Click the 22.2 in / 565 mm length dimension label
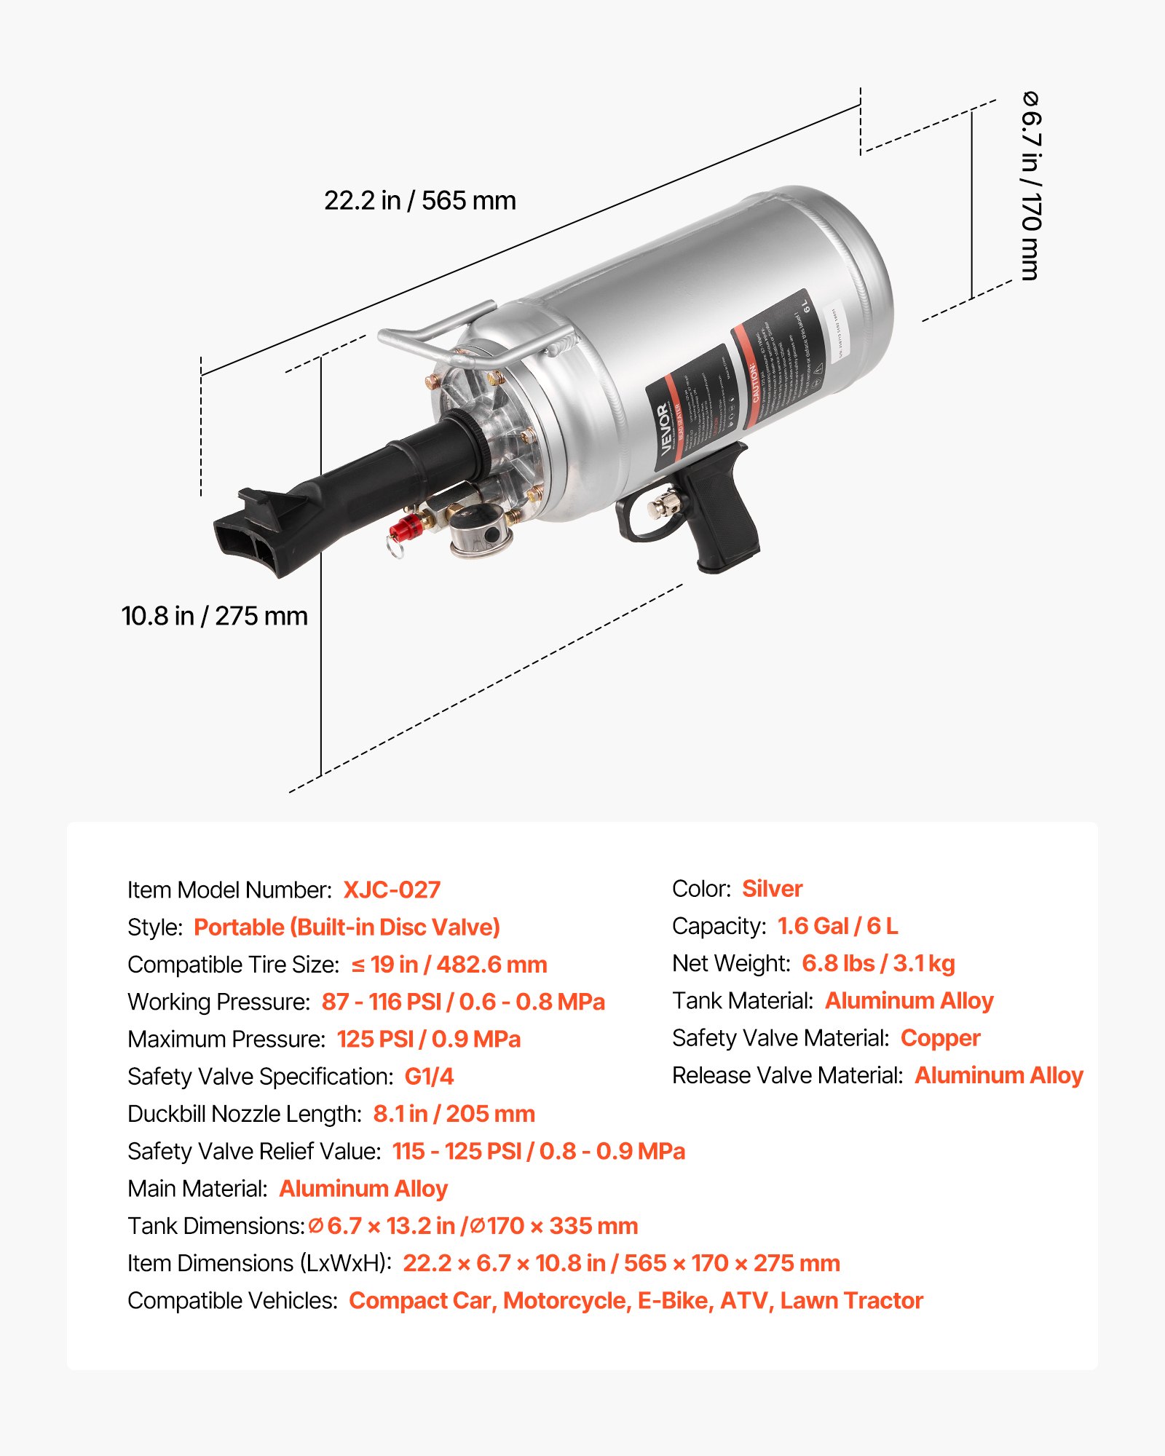coord(419,201)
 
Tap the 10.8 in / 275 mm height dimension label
coord(214,617)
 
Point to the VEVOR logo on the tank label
coord(664,430)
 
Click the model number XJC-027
coord(392,890)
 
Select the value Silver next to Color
coord(772,889)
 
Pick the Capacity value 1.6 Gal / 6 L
coord(837,926)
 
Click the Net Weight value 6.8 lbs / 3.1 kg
coord(878,964)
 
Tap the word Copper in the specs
coord(940,1038)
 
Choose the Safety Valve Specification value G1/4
coord(429,1077)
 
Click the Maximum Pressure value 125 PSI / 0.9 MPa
coord(429,1039)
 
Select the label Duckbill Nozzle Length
coord(244,1114)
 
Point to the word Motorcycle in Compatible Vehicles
coord(566,1300)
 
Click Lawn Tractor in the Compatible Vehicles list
coord(851,1300)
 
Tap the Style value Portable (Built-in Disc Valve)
coord(347,927)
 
